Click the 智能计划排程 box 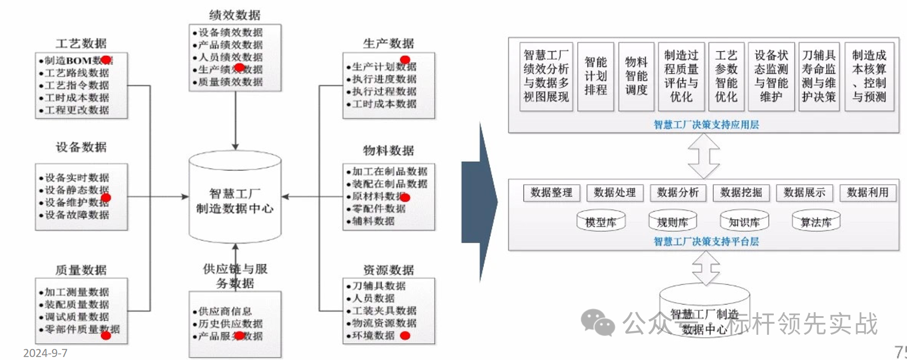pos(595,76)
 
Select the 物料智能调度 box pos(636,76)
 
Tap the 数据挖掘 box pos(741,193)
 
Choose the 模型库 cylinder pos(601,221)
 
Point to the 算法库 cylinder pos(816,221)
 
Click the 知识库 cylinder pos(744,221)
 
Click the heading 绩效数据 pos(235,15)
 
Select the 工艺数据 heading pos(81,43)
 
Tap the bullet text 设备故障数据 pos(77,215)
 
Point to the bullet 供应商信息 pos(225,311)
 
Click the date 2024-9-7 pos(45,353)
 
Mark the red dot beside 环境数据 pos(405,336)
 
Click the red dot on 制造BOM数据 pos(106,60)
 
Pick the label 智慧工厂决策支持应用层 pos(706,125)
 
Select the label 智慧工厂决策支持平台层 pos(706,241)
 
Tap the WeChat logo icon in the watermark pos(598,322)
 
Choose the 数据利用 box pos(868,193)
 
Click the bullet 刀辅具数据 pos(378,286)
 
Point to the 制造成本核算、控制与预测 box pos(869,76)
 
